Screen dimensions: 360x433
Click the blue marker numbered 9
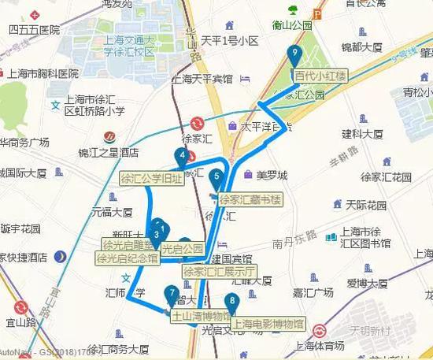coord(294,55)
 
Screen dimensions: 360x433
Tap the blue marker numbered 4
coord(183,157)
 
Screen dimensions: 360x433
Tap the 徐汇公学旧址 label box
coord(150,179)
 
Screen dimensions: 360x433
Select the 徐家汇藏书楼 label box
coord(250,199)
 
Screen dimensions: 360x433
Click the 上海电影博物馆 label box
coord(269,323)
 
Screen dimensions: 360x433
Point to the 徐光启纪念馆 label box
coord(128,258)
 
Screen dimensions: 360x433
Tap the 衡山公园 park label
coord(287,23)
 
